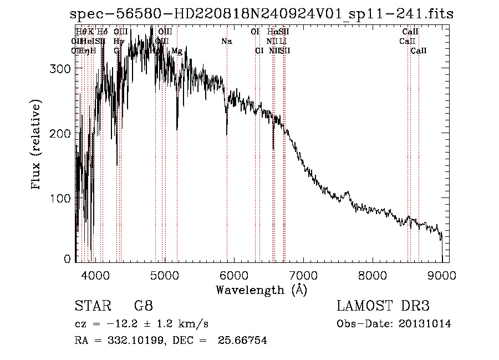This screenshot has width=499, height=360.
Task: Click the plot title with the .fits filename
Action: pos(262,14)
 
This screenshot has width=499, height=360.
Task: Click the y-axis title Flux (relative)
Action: pos(37,145)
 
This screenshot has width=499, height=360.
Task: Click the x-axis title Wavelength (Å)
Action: pos(261,290)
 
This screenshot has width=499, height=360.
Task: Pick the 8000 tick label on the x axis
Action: pos(372,275)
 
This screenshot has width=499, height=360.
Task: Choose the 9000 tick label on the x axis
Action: pos(441,275)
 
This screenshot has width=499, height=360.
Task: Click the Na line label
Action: pos(226,42)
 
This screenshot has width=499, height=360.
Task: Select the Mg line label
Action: pos(176,51)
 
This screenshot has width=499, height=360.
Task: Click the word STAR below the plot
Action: pos(90,306)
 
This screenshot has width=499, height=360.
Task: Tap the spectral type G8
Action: pos(142,306)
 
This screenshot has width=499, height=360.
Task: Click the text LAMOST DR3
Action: pos(383,306)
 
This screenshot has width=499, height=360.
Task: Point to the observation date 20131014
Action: pos(426,324)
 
